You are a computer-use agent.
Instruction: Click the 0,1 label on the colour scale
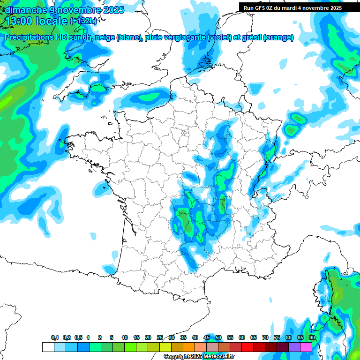click(55, 337)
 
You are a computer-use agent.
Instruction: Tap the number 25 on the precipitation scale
click(160, 337)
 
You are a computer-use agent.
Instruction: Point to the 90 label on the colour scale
click(312, 337)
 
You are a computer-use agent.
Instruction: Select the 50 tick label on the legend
click(218, 337)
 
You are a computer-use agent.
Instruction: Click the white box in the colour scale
click(48, 347)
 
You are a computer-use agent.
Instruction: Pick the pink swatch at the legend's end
click(306, 347)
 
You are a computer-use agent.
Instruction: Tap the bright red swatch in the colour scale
click(247, 347)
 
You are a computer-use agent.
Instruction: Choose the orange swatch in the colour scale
click(189, 347)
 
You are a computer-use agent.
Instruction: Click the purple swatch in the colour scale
click(294, 347)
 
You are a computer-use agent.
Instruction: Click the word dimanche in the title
click(26, 10)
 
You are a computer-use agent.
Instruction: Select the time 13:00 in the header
click(19, 21)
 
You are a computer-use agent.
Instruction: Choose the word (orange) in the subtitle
click(279, 37)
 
